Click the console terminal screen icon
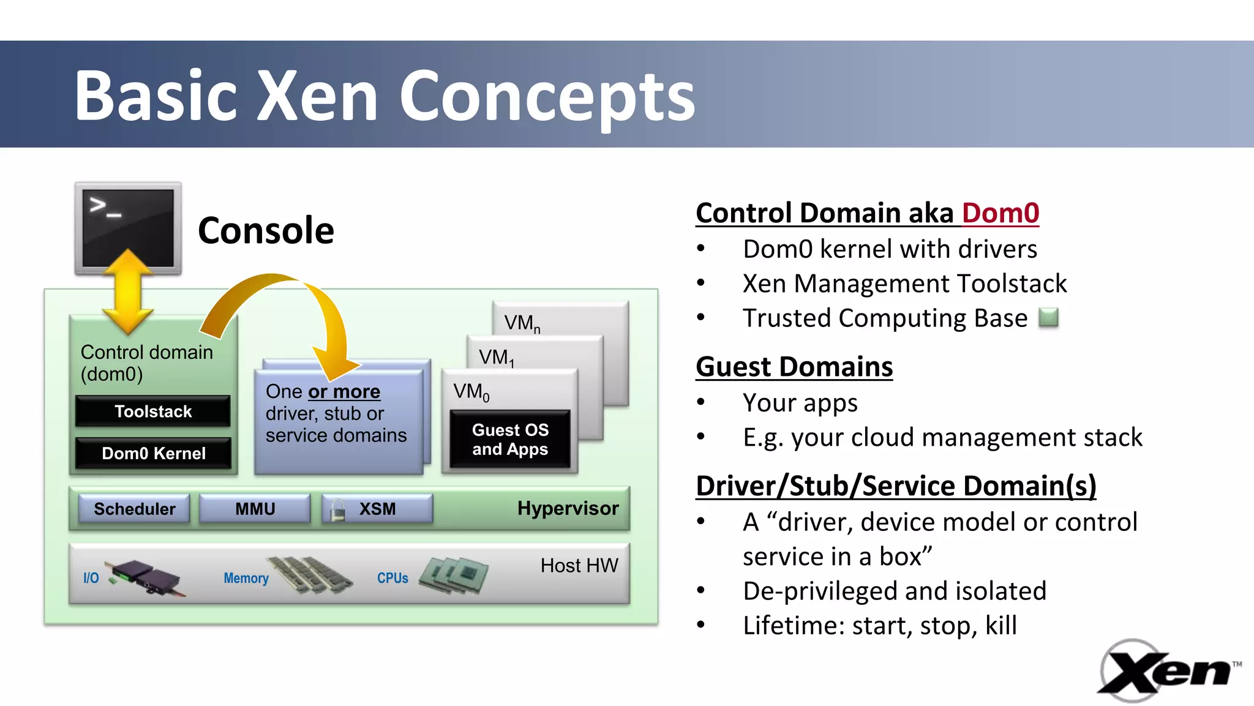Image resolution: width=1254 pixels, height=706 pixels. click(128, 228)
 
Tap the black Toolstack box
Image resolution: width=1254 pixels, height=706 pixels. click(153, 411)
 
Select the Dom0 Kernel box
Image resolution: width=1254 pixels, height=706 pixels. click(153, 453)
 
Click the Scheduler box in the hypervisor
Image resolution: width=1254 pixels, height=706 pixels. click(134, 509)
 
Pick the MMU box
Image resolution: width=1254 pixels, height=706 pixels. click(255, 509)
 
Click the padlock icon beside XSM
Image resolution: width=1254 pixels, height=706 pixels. click(337, 509)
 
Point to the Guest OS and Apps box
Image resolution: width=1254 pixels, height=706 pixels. click(510, 439)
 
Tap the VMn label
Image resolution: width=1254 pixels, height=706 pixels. click(522, 323)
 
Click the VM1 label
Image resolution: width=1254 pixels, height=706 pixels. click(496, 358)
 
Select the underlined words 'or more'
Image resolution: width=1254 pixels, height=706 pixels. click(344, 391)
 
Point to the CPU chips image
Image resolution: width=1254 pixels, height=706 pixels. click(454, 574)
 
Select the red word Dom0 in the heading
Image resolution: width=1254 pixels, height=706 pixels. click(1000, 213)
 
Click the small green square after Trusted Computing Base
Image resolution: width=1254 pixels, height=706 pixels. click(1048, 318)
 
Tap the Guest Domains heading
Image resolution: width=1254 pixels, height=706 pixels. click(794, 367)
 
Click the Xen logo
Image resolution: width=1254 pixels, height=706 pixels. click(1167, 671)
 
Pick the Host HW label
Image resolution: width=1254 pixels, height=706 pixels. click(579, 565)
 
